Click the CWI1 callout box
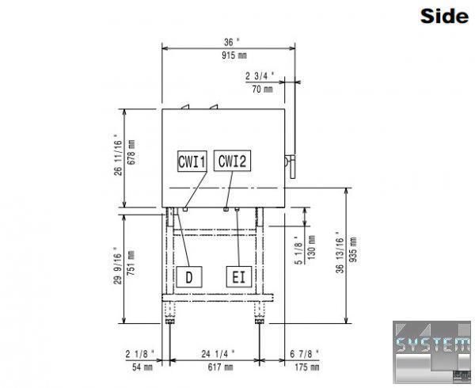pos(192,161)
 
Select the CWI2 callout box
pos(232,161)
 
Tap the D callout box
pos(189,277)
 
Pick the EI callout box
pos(239,277)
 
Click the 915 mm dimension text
pos(234,55)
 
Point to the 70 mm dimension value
pos(262,89)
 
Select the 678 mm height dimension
pos(131,152)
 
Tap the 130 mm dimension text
pos(311,247)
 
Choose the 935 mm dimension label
pos(353,249)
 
